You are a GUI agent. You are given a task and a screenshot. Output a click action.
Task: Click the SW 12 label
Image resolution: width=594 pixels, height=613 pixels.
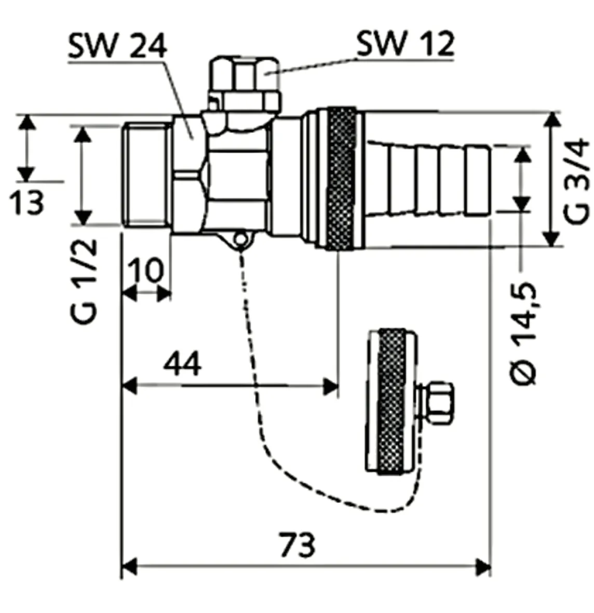coord(406,44)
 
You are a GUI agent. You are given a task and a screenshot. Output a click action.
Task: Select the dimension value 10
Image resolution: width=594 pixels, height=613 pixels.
coord(146,270)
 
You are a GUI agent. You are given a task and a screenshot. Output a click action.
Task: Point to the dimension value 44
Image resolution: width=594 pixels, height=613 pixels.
coord(182,363)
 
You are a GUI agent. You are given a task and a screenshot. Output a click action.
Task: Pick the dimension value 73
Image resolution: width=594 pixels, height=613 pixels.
coord(297,544)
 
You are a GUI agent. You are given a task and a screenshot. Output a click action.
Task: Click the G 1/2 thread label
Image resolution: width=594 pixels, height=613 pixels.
coord(85,281)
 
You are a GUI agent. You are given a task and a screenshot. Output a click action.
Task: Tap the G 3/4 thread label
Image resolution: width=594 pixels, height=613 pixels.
coord(576,181)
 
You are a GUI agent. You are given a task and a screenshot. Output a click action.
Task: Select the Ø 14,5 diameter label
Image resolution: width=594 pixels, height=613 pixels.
coord(523,333)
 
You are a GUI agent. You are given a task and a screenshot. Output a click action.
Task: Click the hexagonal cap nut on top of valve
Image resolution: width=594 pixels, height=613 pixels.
coord(245,83)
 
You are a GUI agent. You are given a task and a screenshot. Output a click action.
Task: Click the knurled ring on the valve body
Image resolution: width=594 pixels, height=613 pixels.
coord(341,178)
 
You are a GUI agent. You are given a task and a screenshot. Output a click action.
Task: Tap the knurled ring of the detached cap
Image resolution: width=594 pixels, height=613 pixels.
coord(392,402)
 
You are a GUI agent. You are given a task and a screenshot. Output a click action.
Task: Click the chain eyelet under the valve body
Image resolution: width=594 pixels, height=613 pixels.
coord(240,240)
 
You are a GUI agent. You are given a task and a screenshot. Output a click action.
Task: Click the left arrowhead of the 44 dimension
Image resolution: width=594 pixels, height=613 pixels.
coord(129,386)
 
